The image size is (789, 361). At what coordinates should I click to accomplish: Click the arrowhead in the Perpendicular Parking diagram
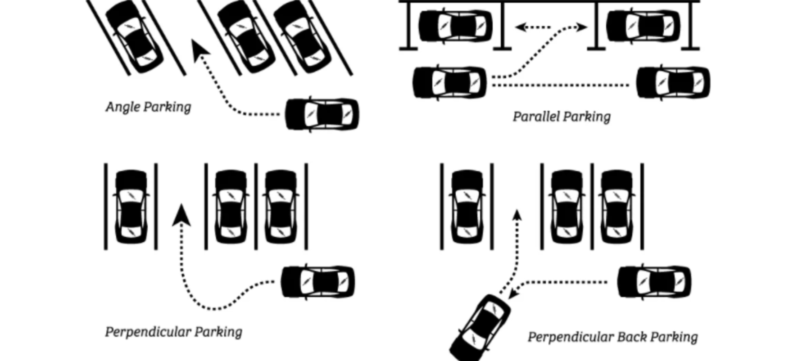(x=181, y=214)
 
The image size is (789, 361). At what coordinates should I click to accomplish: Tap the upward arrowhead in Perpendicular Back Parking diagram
(x=517, y=215)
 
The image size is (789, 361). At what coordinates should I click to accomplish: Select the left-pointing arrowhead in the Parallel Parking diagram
(x=521, y=27)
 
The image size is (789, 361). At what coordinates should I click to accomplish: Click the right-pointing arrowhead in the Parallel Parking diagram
(x=581, y=27)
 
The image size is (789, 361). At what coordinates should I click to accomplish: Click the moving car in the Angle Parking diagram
(x=322, y=114)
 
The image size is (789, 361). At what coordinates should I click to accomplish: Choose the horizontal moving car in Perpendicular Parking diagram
(x=317, y=282)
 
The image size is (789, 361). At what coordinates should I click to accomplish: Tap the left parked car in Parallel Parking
(x=455, y=26)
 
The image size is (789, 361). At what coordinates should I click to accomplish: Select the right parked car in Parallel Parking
(x=643, y=26)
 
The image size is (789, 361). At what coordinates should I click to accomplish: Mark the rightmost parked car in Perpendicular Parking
(x=281, y=207)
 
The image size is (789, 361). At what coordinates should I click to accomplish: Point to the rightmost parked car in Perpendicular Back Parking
(x=617, y=207)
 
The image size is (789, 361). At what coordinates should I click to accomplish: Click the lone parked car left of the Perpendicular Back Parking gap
(x=467, y=207)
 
